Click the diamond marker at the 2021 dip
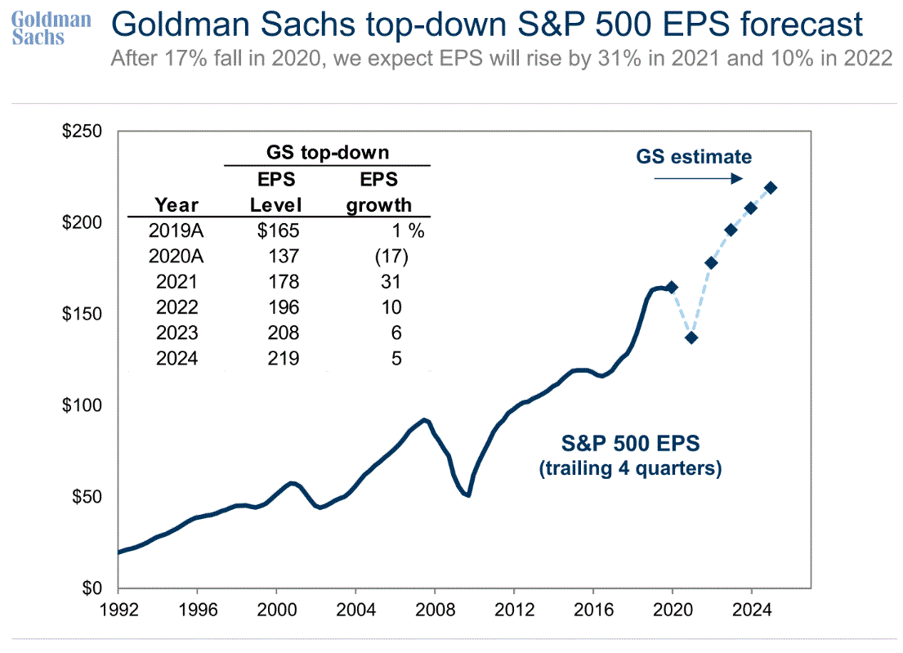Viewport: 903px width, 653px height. (x=691, y=338)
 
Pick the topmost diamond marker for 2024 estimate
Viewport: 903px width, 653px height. (x=771, y=188)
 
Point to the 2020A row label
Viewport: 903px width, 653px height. (x=176, y=257)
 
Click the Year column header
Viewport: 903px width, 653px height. (x=176, y=204)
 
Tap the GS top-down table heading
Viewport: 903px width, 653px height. (x=327, y=152)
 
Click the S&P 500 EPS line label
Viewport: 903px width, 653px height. (x=629, y=445)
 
